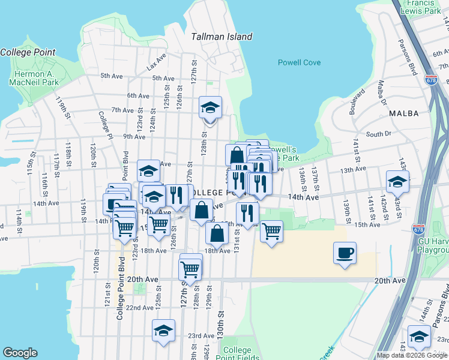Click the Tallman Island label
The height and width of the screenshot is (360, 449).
click(221, 37)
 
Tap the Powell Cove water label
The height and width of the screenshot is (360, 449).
click(299, 62)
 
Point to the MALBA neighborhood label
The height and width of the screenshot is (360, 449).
click(403, 113)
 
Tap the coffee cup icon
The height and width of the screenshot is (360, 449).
click(345, 253)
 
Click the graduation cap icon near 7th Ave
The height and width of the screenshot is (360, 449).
click(211, 107)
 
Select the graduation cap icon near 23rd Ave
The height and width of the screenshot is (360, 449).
click(163, 331)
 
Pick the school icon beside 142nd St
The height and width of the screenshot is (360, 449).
click(397, 181)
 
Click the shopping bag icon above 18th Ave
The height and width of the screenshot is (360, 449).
click(217, 233)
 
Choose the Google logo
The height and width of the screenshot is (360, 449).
click(20, 353)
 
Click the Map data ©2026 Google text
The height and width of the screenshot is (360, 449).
click(412, 355)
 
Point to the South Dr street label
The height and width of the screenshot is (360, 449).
click(378, 134)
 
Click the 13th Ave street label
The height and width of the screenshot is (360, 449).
click(353, 170)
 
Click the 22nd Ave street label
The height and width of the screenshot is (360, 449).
click(139, 308)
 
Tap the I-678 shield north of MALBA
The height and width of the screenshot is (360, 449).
click(431, 79)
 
